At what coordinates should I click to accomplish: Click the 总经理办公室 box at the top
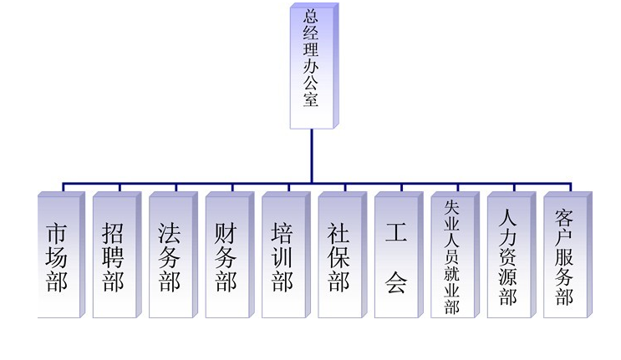(314, 66)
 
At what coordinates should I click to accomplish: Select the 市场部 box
(61, 255)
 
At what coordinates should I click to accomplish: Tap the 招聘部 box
(117, 255)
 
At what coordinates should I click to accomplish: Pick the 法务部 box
(174, 255)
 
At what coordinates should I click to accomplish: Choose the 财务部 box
(230, 255)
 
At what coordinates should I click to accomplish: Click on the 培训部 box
(286, 255)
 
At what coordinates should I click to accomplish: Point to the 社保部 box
(343, 255)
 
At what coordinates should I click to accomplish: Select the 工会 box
(399, 255)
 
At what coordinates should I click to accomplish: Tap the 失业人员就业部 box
(455, 255)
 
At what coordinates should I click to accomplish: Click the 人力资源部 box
(512, 255)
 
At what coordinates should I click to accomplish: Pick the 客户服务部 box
(568, 255)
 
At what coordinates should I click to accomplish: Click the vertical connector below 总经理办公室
(312, 156)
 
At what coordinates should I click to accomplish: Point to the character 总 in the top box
(311, 15)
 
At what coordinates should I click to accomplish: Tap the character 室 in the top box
(311, 99)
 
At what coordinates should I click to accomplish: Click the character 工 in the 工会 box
(396, 232)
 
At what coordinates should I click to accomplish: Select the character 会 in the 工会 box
(396, 282)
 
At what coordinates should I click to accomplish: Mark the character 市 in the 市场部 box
(56, 233)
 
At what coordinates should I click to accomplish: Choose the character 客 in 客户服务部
(564, 217)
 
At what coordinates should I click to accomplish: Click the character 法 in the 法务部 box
(169, 233)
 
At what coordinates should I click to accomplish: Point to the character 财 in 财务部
(226, 233)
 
